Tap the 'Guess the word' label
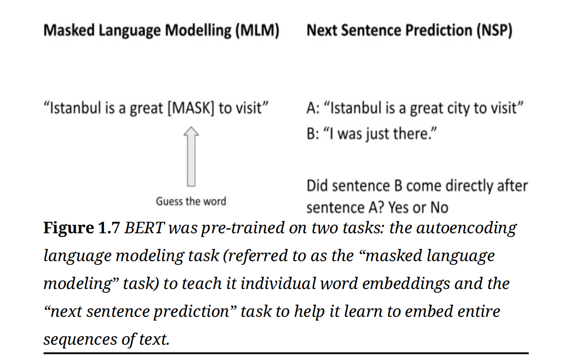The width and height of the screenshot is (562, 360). (x=191, y=201)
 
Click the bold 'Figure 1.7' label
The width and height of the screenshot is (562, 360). (x=81, y=228)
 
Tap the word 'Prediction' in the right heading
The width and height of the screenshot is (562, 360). (x=433, y=31)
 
